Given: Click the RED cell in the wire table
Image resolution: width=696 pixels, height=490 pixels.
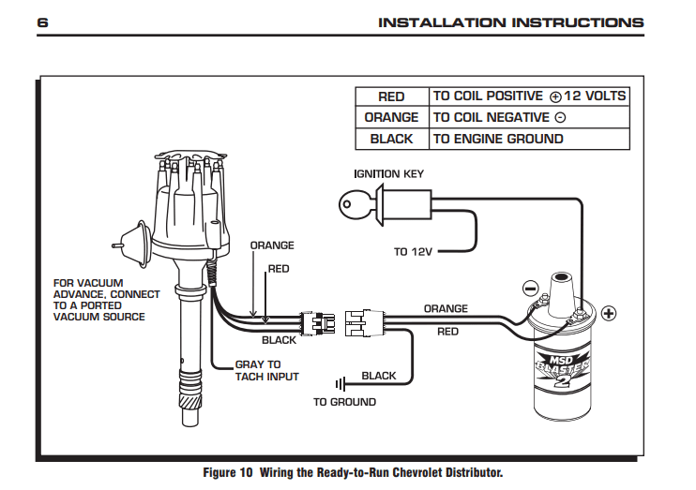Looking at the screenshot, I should point(391,97).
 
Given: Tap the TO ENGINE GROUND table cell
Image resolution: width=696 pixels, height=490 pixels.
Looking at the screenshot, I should point(498,139).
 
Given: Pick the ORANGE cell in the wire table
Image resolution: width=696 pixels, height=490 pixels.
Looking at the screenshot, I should point(391,117).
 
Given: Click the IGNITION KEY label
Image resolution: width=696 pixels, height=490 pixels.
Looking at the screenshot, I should point(388,173).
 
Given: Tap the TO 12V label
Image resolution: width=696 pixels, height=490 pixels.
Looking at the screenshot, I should point(414,252).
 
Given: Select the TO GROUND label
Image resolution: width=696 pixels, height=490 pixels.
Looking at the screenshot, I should point(344,402).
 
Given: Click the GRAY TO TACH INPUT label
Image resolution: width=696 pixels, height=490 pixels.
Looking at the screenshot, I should point(266,370).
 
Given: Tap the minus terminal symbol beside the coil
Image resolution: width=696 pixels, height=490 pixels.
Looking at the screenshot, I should point(530,288).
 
